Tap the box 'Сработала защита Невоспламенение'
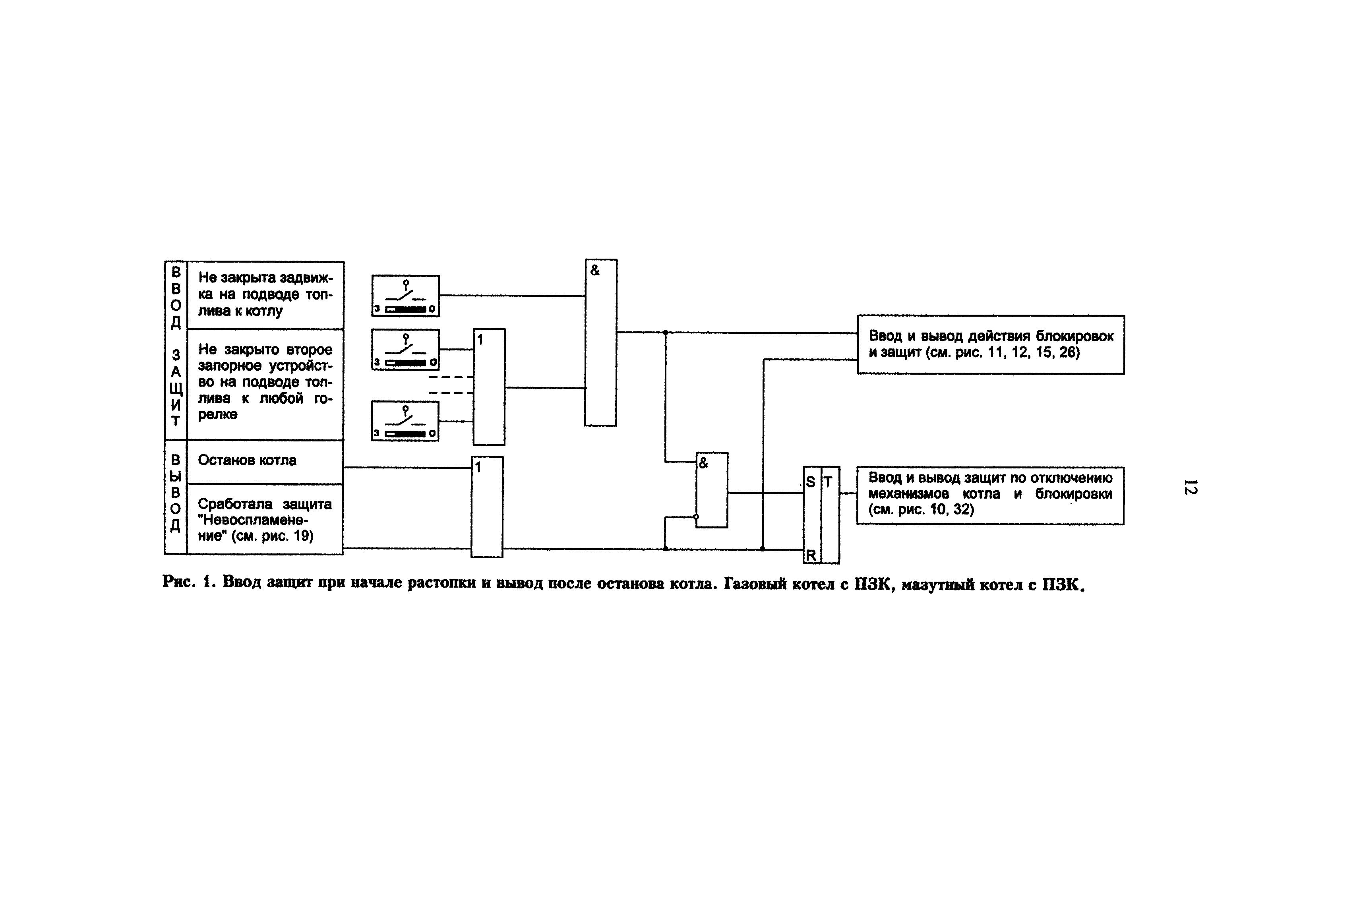[x=264, y=519]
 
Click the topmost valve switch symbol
[x=406, y=296]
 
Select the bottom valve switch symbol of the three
[x=405, y=421]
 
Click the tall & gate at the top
[x=600, y=342]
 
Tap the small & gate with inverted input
[x=711, y=490]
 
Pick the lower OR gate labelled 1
[x=487, y=507]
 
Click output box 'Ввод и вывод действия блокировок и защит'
[x=990, y=345]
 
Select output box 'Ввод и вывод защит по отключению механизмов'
[x=990, y=495]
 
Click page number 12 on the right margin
[x=1190, y=487]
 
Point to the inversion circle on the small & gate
[x=696, y=517]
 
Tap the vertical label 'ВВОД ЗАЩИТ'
[x=176, y=350]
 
